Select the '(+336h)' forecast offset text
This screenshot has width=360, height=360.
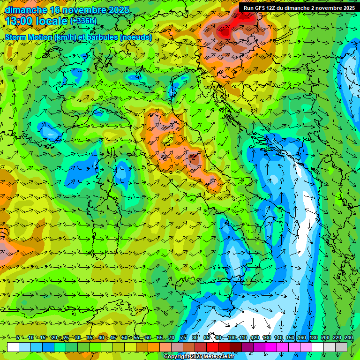pyautogui.click(x=83, y=21)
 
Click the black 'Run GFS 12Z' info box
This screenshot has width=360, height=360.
pyautogui.click(x=299, y=8)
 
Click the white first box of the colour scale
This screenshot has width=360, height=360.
pyautogui.click(x=13, y=347)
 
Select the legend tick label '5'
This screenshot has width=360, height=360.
pyautogui.click(x=18, y=337)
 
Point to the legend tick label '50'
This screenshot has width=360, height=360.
pyautogui.click(x=124, y=337)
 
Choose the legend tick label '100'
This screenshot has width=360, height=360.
pyautogui.click(x=231, y=337)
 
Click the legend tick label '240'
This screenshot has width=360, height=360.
pyautogui.click(x=349, y=337)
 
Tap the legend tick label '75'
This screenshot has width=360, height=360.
pyautogui.click(x=183, y=337)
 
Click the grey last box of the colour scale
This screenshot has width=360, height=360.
pyautogui.click(x=341, y=347)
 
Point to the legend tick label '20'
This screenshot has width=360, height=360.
pyautogui.click(x=54, y=337)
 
